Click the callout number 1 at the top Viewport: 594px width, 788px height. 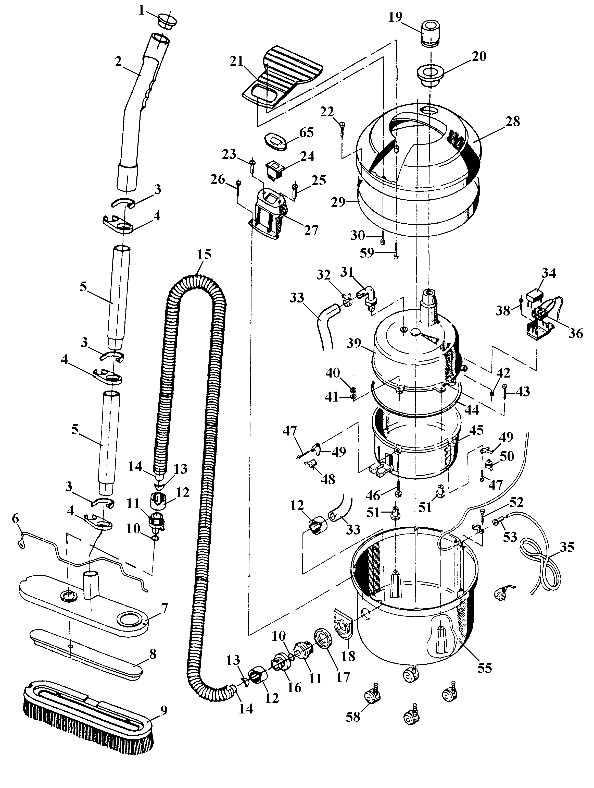(142, 11)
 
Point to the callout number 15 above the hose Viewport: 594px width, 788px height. (204, 255)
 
